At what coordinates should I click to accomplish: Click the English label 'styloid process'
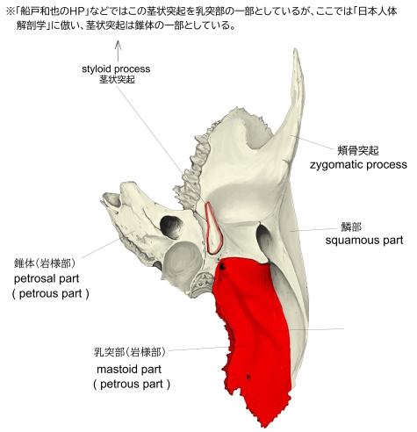click(116, 69)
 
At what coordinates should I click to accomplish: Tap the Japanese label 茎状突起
click(117, 80)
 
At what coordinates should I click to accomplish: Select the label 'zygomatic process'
click(358, 165)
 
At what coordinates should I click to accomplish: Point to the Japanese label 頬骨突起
click(358, 150)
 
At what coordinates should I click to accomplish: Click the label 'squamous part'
click(364, 241)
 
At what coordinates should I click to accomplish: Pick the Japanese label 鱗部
click(351, 227)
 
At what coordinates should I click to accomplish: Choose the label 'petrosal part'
click(47, 278)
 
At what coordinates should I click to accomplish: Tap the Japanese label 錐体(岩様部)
click(45, 263)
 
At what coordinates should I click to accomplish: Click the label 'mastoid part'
click(129, 370)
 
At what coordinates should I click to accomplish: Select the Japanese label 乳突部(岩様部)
click(130, 352)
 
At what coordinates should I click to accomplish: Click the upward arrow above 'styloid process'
click(118, 51)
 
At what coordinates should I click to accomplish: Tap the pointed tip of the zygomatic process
click(296, 49)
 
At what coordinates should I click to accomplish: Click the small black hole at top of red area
click(223, 266)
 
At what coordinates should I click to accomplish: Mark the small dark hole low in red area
click(248, 377)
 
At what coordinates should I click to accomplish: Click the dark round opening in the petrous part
click(170, 227)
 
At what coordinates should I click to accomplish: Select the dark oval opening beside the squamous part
click(264, 236)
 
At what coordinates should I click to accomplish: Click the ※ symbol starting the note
click(11, 12)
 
